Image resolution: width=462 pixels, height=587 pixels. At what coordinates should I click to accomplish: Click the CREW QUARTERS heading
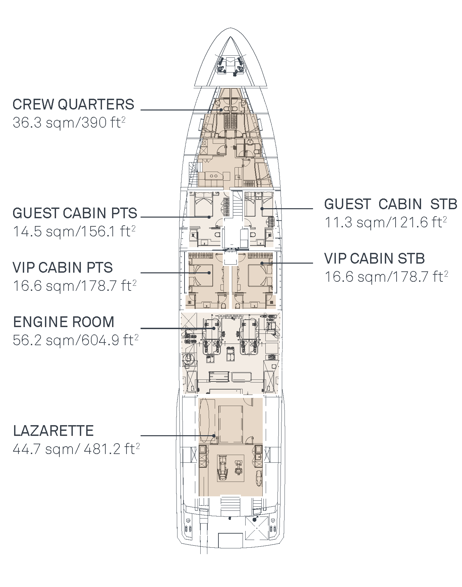[x=73, y=104]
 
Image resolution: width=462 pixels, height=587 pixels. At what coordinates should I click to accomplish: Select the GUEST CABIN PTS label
[x=75, y=213]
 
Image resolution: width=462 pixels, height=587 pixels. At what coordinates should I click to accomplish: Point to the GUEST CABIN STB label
[x=391, y=204]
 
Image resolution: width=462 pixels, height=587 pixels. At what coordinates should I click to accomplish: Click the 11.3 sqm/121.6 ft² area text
[x=386, y=222]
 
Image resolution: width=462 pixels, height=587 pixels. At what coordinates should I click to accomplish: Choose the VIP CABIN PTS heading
[x=62, y=268]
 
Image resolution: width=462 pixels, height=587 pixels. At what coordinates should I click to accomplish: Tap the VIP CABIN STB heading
[x=374, y=259]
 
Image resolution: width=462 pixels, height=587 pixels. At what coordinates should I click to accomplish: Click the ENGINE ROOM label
[x=64, y=322]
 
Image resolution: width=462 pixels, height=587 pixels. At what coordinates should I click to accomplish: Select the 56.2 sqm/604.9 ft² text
[x=75, y=341]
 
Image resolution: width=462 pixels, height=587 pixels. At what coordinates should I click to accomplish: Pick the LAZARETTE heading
[x=53, y=431]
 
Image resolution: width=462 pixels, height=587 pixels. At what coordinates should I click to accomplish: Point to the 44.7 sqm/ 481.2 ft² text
[x=76, y=449]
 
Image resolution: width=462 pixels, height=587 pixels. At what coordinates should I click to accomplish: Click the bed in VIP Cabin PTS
[x=201, y=273]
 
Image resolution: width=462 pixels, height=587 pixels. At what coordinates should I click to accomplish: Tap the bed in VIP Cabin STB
[x=260, y=273]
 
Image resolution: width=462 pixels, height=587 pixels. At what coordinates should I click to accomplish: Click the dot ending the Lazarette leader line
[x=214, y=436]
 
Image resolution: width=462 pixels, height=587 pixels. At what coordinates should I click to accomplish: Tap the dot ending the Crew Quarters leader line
[x=221, y=110]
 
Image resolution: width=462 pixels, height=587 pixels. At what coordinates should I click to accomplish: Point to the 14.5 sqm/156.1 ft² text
[x=74, y=232]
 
